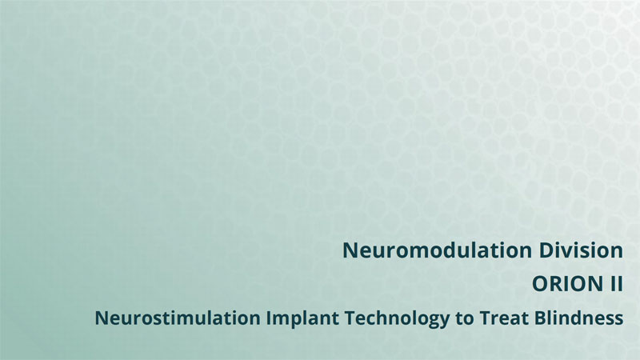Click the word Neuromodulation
pos(437,250)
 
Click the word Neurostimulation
pos(178,318)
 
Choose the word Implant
pos(302,318)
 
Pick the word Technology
pos(397,318)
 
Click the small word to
pos(464,318)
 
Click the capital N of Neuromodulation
pos(350,250)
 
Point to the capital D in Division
pos(546,250)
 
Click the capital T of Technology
pos(351,318)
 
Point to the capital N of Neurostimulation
pos(102,318)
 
